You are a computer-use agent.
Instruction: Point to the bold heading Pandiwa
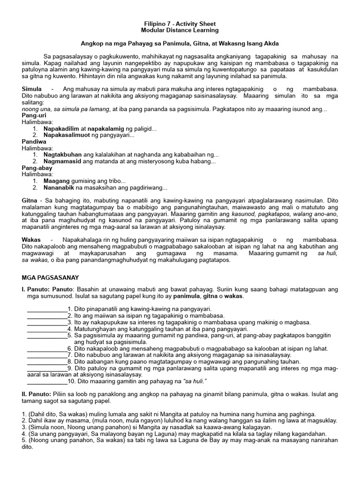pos(32,142)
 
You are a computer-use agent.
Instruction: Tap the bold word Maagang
pos(56,181)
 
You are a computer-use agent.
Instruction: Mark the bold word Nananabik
pos(59,187)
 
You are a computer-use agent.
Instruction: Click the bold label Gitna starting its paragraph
pos(30,201)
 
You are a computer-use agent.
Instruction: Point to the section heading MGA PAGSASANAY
pos(51,277)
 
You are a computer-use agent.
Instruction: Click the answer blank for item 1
pos(47,310)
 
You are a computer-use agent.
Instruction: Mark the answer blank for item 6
pos(47,349)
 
